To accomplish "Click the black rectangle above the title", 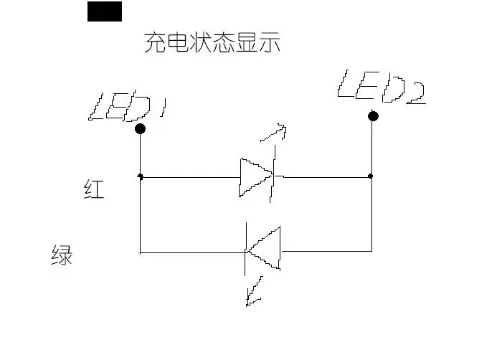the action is pos(105,11).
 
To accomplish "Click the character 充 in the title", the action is pos(156,42).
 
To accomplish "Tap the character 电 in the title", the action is pos(178,42).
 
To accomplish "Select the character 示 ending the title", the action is pos(270,42).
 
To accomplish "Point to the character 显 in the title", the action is pos(247,42).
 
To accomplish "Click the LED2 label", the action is pos(382,87).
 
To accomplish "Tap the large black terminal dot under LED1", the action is pos(140,128).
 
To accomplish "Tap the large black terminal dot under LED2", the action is pos(373,116).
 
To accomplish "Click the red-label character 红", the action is pos(94,189).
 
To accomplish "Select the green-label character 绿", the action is pos(62,255).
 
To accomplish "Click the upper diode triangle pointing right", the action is pos(256,177).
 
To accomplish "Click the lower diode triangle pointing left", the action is pos(264,249).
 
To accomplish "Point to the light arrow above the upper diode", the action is pos(274,133).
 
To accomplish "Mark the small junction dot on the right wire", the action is pos(370,176).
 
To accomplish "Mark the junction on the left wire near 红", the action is pos(140,176).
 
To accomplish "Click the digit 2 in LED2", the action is pos(416,93).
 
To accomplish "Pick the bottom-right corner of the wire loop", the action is pos(371,251).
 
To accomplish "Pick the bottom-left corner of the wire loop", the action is pos(140,253).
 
